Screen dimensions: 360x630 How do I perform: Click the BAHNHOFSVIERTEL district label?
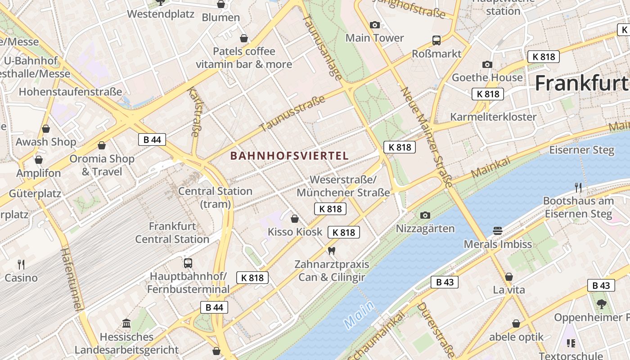click(x=289, y=156)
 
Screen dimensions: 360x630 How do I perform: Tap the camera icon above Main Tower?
click(x=374, y=25)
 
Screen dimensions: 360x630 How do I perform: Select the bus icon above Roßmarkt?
click(x=436, y=40)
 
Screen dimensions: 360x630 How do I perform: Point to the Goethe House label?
click(x=487, y=77)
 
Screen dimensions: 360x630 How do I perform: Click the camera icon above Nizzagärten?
click(x=425, y=215)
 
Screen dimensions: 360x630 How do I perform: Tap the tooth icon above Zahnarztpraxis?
click(x=332, y=250)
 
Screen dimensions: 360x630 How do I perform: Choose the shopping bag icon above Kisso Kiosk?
click(x=295, y=219)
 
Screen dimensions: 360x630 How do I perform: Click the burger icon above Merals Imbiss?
click(x=498, y=231)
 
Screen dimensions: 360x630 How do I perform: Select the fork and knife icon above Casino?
click(x=21, y=264)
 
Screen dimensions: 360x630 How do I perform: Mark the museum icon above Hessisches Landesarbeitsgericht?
click(x=126, y=323)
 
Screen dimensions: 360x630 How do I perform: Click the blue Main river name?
click(x=359, y=315)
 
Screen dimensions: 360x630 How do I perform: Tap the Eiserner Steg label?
click(x=581, y=150)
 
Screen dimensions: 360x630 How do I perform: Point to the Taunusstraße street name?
click(x=292, y=113)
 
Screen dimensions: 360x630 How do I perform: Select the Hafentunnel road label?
click(x=72, y=279)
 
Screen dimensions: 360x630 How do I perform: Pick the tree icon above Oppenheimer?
click(x=601, y=304)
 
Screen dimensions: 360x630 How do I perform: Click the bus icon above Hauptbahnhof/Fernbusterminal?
click(x=188, y=263)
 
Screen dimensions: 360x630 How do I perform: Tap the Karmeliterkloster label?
click(x=493, y=117)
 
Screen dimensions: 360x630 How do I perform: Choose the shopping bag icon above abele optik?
click(x=516, y=324)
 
